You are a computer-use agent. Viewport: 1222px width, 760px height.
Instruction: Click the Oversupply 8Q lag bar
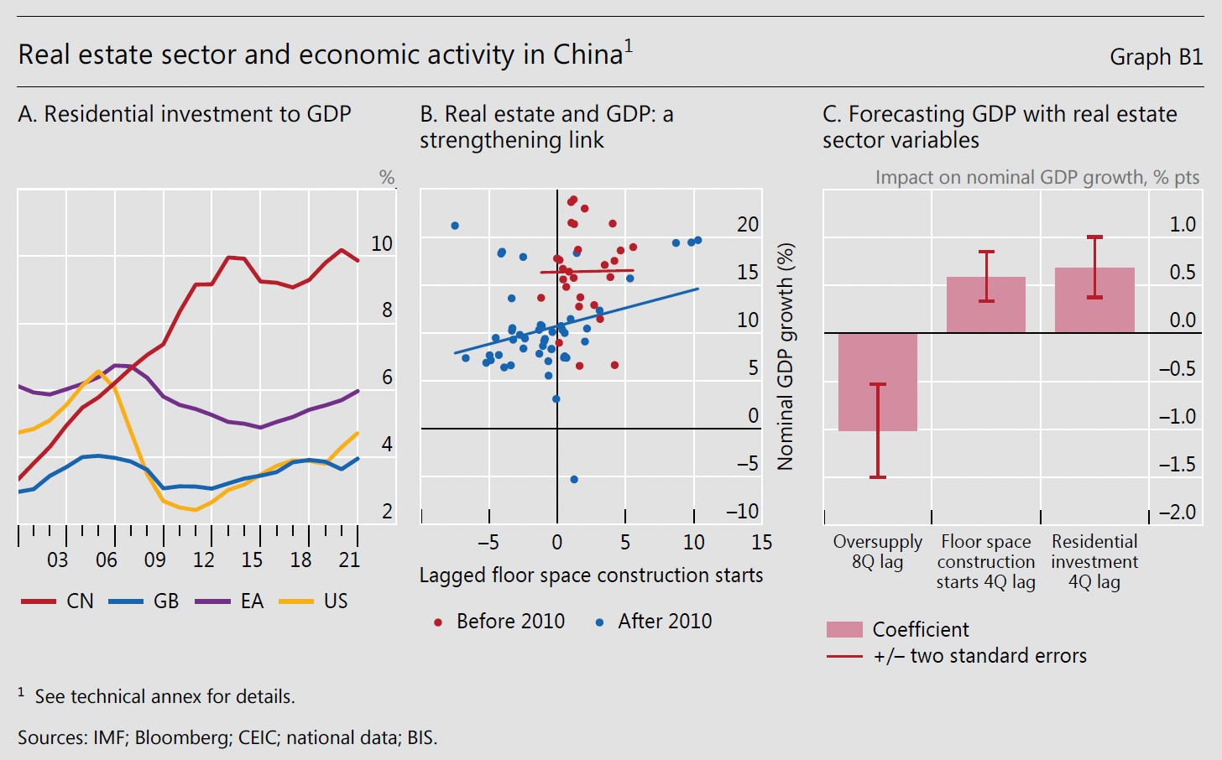pyautogui.click(x=877, y=382)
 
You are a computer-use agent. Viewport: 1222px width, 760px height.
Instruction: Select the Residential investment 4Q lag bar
pyautogui.click(x=1094, y=299)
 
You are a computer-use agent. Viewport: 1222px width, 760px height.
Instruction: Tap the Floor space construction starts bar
pyautogui.click(x=986, y=305)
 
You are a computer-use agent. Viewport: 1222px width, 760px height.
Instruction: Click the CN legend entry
pyautogui.click(x=58, y=601)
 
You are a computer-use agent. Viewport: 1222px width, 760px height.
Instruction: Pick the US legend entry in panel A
pyautogui.click(x=314, y=601)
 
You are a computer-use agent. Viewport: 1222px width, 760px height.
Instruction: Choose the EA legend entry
pyautogui.click(x=230, y=601)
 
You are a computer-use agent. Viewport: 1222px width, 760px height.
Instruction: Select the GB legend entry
pyautogui.click(x=144, y=601)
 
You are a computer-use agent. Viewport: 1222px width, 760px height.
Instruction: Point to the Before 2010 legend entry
pyautogui.click(x=500, y=622)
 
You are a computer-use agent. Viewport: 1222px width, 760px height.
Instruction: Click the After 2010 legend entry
pyautogui.click(x=654, y=622)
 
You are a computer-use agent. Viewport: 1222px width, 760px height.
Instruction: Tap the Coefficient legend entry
pyautogui.click(x=897, y=629)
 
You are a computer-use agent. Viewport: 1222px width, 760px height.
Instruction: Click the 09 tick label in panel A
pyautogui.click(x=155, y=560)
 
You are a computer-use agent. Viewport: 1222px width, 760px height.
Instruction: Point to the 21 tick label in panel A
pyautogui.click(x=350, y=560)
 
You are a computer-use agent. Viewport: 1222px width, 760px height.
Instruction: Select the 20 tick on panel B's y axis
pyautogui.click(x=747, y=225)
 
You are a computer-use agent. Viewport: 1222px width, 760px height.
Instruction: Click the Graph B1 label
pyautogui.click(x=1156, y=57)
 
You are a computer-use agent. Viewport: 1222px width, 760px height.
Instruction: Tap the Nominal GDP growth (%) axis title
pyautogui.click(x=785, y=357)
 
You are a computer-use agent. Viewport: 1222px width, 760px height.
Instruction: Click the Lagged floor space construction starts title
pyautogui.click(x=591, y=575)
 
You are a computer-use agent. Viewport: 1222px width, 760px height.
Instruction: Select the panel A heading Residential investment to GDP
pyautogui.click(x=185, y=114)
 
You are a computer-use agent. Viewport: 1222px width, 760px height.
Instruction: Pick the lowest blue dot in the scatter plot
pyautogui.click(x=574, y=480)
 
